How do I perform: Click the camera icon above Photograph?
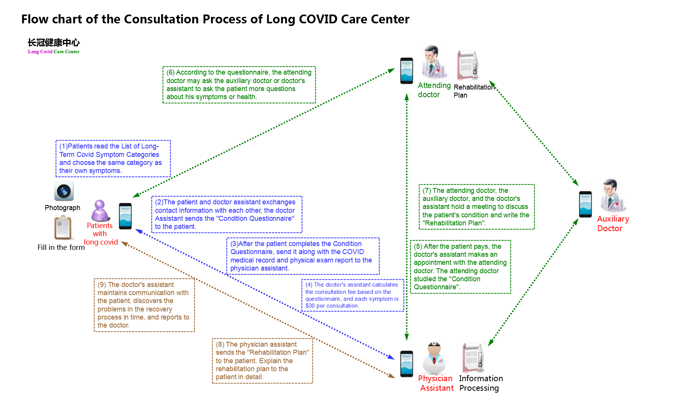(x=64, y=191)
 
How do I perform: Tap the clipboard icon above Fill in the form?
(x=63, y=227)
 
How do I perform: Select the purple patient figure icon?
(x=100, y=210)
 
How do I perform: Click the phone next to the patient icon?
(x=125, y=216)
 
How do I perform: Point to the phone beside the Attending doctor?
(x=407, y=71)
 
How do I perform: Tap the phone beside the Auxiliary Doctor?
(x=585, y=204)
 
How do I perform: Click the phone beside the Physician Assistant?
(x=407, y=364)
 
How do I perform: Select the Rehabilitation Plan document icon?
(x=468, y=65)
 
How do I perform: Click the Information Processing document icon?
(x=473, y=358)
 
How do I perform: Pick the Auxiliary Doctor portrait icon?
(x=612, y=195)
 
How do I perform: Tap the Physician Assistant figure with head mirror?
(x=434, y=358)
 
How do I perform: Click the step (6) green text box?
(x=239, y=85)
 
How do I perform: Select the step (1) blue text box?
(x=113, y=158)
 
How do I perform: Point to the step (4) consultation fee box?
(x=353, y=295)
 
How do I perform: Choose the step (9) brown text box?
(x=144, y=305)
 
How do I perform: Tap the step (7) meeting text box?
(x=476, y=207)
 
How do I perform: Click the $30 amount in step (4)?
(x=310, y=306)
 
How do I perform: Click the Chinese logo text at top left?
(x=54, y=42)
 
